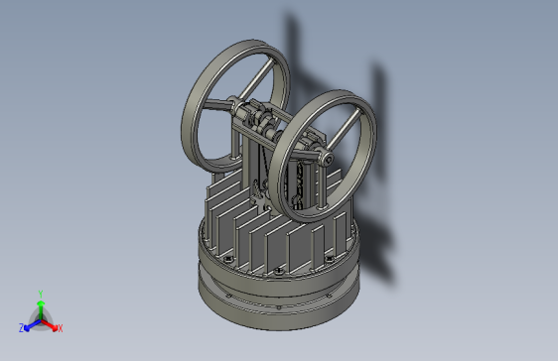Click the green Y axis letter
point(40,293)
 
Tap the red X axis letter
point(60,327)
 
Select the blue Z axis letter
point(21,327)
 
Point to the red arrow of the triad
point(51,323)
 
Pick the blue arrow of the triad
point(30,323)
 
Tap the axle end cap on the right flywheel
point(326,156)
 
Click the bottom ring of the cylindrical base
point(278,315)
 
